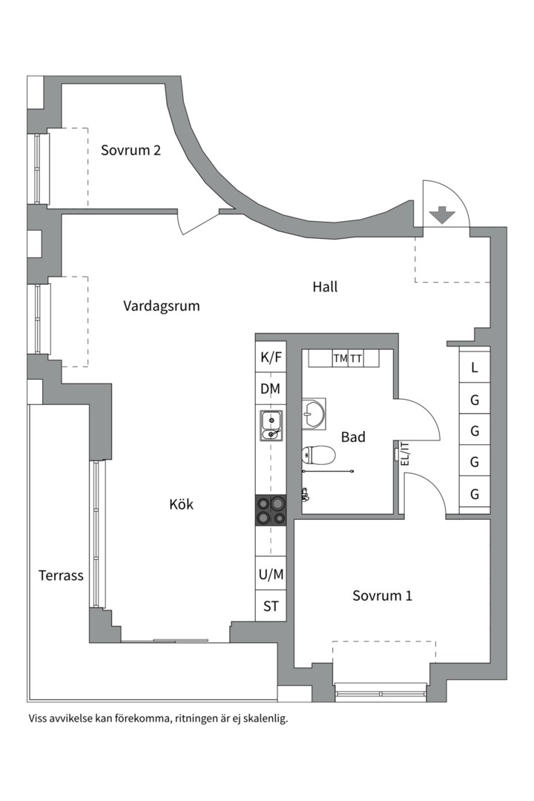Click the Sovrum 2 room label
(131, 151)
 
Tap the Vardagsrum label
(162, 306)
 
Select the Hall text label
(325, 286)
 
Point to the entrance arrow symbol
(443, 215)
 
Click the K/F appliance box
(271, 357)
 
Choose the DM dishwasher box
(271, 389)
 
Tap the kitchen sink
(271, 425)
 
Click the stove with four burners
(271, 510)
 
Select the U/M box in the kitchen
(271, 574)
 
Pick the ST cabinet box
(271, 606)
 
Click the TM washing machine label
(340, 358)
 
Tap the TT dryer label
(356, 358)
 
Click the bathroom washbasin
(314, 415)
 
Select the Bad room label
(353, 438)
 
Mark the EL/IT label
(404, 453)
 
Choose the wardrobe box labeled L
(475, 367)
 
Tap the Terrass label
(61, 576)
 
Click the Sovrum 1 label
(382, 596)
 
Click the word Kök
(181, 504)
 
